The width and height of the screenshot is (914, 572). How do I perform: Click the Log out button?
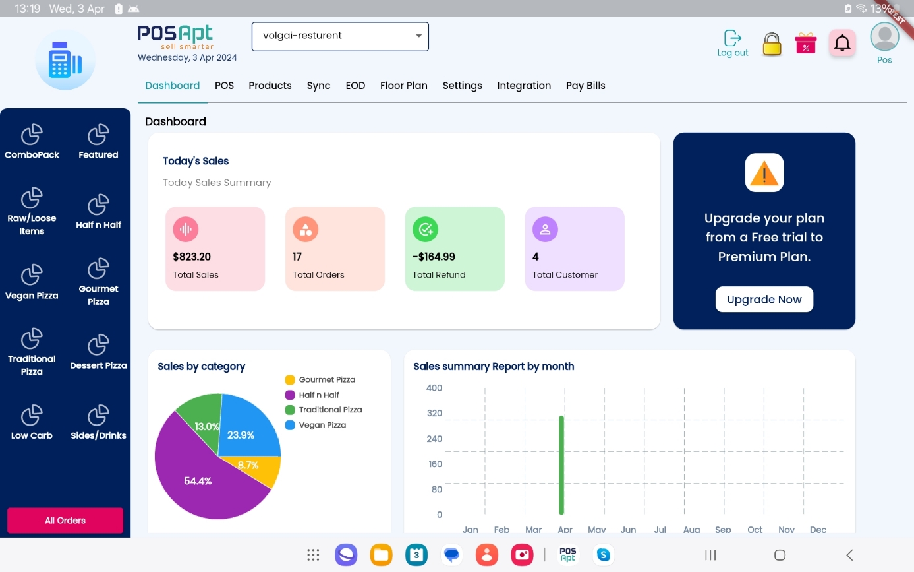click(732, 44)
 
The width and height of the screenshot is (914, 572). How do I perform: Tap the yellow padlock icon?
click(772, 44)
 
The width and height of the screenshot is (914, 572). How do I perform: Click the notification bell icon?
click(842, 44)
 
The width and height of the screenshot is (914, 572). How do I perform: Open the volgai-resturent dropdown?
click(340, 36)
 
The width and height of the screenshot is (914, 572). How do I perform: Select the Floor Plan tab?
click(403, 86)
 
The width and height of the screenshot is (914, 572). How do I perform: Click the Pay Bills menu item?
click(585, 86)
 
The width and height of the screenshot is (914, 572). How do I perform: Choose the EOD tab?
click(355, 86)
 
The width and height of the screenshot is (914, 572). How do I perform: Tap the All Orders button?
click(65, 520)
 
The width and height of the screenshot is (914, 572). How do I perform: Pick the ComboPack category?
click(32, 142)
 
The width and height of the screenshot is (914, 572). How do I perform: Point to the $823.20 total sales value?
click(192, 257)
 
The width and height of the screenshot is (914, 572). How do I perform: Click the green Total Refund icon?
click(425, 229)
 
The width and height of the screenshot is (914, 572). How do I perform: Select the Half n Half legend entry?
click(319, 395)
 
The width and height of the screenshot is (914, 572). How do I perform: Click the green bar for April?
click(561, 465)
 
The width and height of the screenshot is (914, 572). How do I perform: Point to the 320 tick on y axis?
click(434, 414)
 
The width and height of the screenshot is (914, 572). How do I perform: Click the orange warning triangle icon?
click(764, 173)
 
